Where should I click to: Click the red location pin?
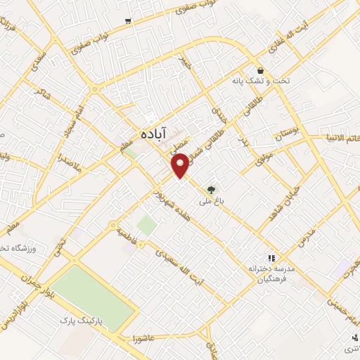181,165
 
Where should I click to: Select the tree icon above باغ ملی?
210,188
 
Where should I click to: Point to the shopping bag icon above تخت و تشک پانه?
261,70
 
